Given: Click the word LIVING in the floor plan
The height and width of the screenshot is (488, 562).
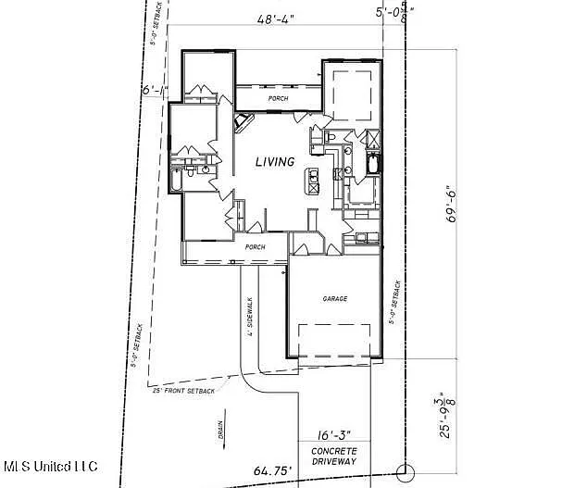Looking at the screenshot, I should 275,162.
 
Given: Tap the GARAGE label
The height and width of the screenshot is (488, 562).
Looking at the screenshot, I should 334,300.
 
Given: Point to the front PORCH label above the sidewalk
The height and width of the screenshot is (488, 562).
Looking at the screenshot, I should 255,247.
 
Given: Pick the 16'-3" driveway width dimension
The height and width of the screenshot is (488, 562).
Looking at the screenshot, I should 332,433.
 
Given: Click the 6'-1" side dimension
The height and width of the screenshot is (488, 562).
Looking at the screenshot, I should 153,91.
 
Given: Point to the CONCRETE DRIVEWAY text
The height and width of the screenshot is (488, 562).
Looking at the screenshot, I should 333,455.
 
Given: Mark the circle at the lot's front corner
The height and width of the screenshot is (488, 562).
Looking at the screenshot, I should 403,472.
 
